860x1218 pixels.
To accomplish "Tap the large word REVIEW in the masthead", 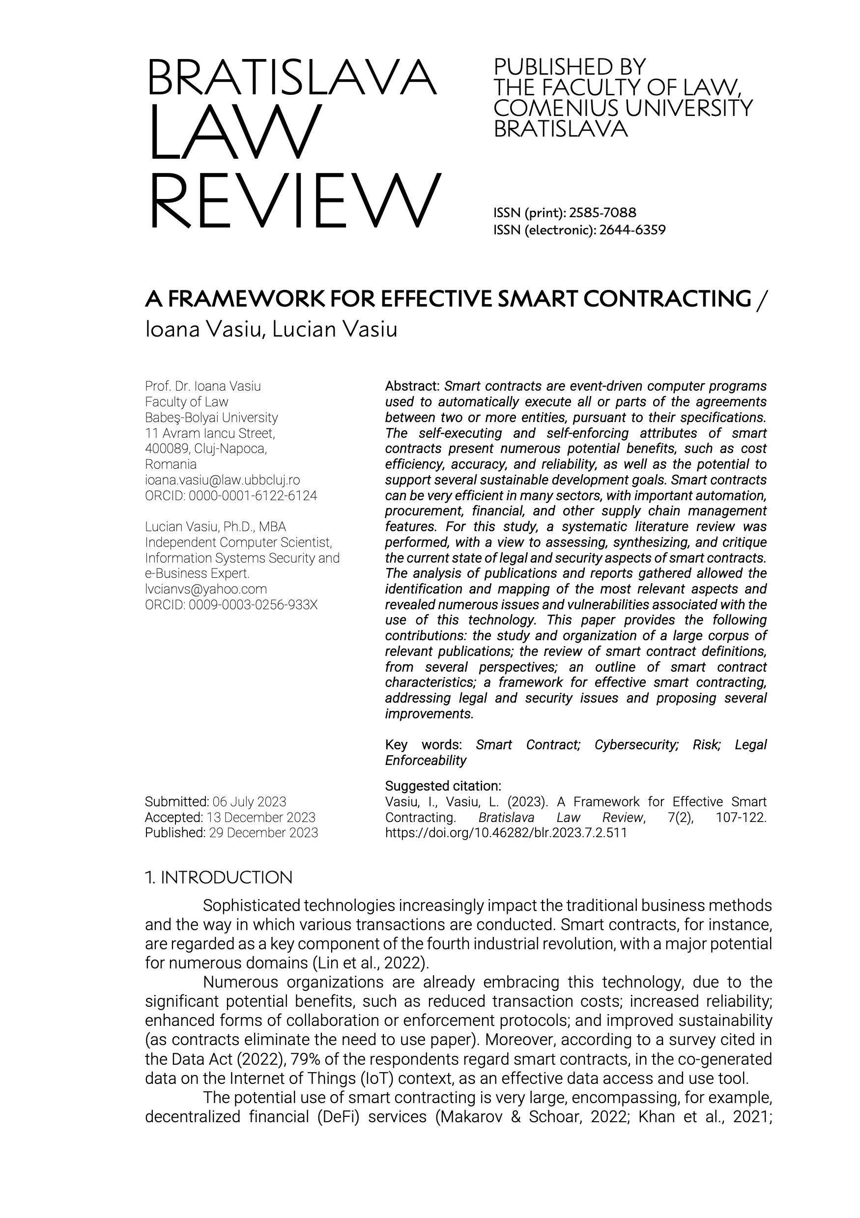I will coord(295,202).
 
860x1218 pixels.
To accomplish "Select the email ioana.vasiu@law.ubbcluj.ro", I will coord(222,480).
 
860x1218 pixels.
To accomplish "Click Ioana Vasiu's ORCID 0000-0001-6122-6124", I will coord(253,496).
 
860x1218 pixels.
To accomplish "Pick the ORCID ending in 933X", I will coord(253,605).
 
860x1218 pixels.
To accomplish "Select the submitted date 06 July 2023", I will coord(249,801).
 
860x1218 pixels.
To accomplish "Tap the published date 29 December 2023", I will coord(264,833).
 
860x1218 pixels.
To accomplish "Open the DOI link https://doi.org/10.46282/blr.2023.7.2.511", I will coord(506,833).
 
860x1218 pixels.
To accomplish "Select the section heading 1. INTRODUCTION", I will coord(219,878).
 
